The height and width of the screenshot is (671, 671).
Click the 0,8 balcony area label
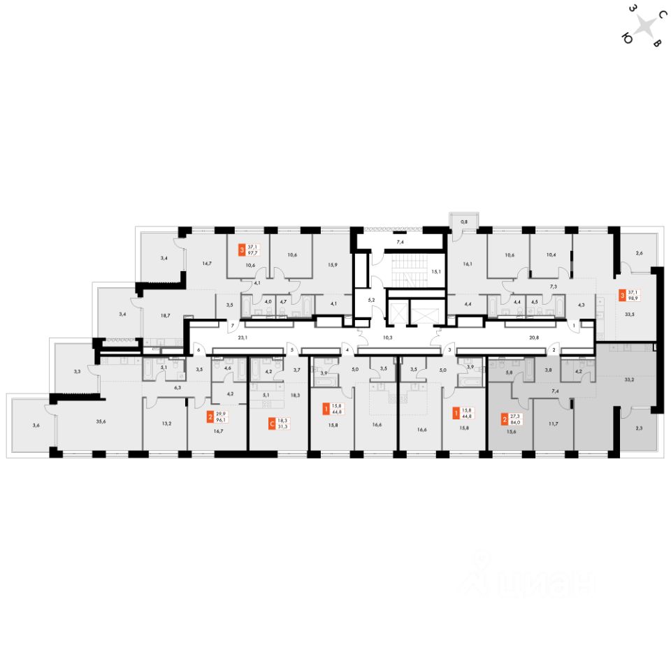click(463, 222)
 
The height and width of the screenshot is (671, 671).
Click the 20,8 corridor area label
click(535, 337)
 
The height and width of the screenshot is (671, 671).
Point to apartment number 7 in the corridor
click(232, 326)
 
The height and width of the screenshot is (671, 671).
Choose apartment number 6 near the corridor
click(199, 349)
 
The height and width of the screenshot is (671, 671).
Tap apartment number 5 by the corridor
click(292, 349)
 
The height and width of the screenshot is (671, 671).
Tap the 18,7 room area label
click(166, 316)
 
